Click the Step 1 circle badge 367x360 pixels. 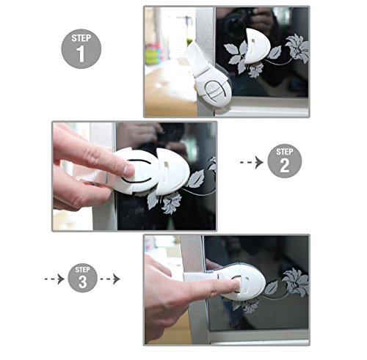(81, 49)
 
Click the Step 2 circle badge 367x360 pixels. (285, 161)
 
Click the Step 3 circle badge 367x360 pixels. (82, 278)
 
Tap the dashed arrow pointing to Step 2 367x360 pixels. (252, 162)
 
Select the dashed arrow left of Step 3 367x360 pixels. (54, 279)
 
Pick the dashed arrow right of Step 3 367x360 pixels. (110, 279)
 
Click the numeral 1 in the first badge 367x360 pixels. (81, 54)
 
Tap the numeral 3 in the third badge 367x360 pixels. (82, 282)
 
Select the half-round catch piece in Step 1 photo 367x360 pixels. (257, 46)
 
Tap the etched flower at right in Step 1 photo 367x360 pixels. (297, 48)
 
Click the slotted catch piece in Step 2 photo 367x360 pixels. (172, 171)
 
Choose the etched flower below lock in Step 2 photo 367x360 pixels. (172, 202)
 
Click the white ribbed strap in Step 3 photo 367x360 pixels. (200, 277)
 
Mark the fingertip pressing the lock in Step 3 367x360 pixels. (236, 285)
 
